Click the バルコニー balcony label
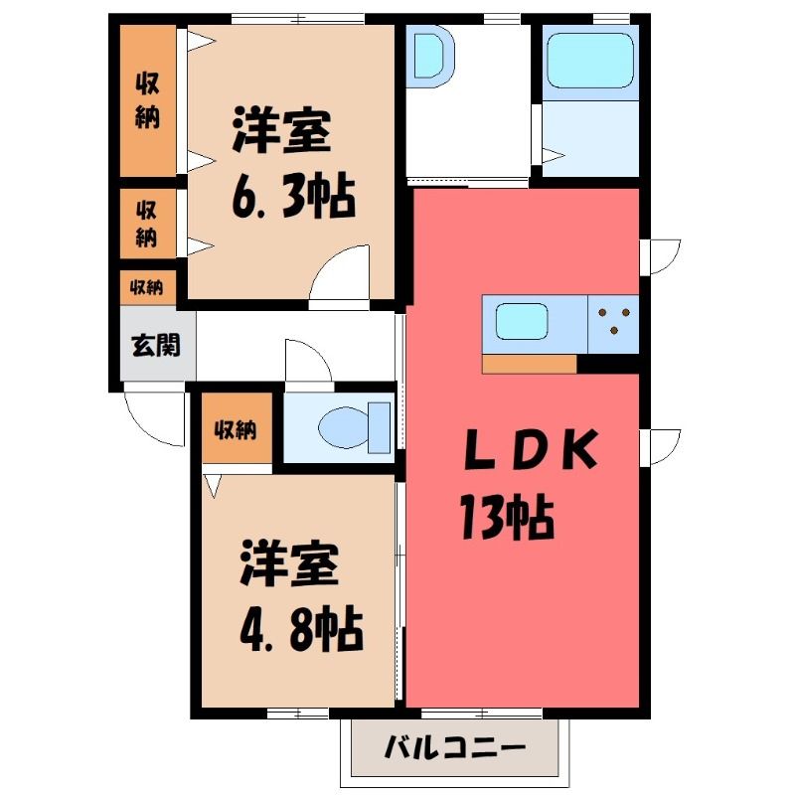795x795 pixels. coord(454,748)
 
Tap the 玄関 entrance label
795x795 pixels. coord(156,346)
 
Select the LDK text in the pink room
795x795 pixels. coord(531,449)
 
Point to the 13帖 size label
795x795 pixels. coord(507,517)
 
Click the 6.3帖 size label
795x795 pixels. coord(293,195)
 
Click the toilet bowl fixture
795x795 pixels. coord(355,427)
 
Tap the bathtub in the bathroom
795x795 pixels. coord(590,61)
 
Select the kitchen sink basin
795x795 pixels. coord(521,321)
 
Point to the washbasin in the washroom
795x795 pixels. coord(432,56)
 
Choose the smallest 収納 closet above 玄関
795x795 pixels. coord(147,288)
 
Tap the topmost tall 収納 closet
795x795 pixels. coord(147,100)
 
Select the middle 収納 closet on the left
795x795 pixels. coord(147,223)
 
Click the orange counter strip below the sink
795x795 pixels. coord(530,364)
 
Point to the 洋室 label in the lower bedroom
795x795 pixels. coord(289,563)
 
